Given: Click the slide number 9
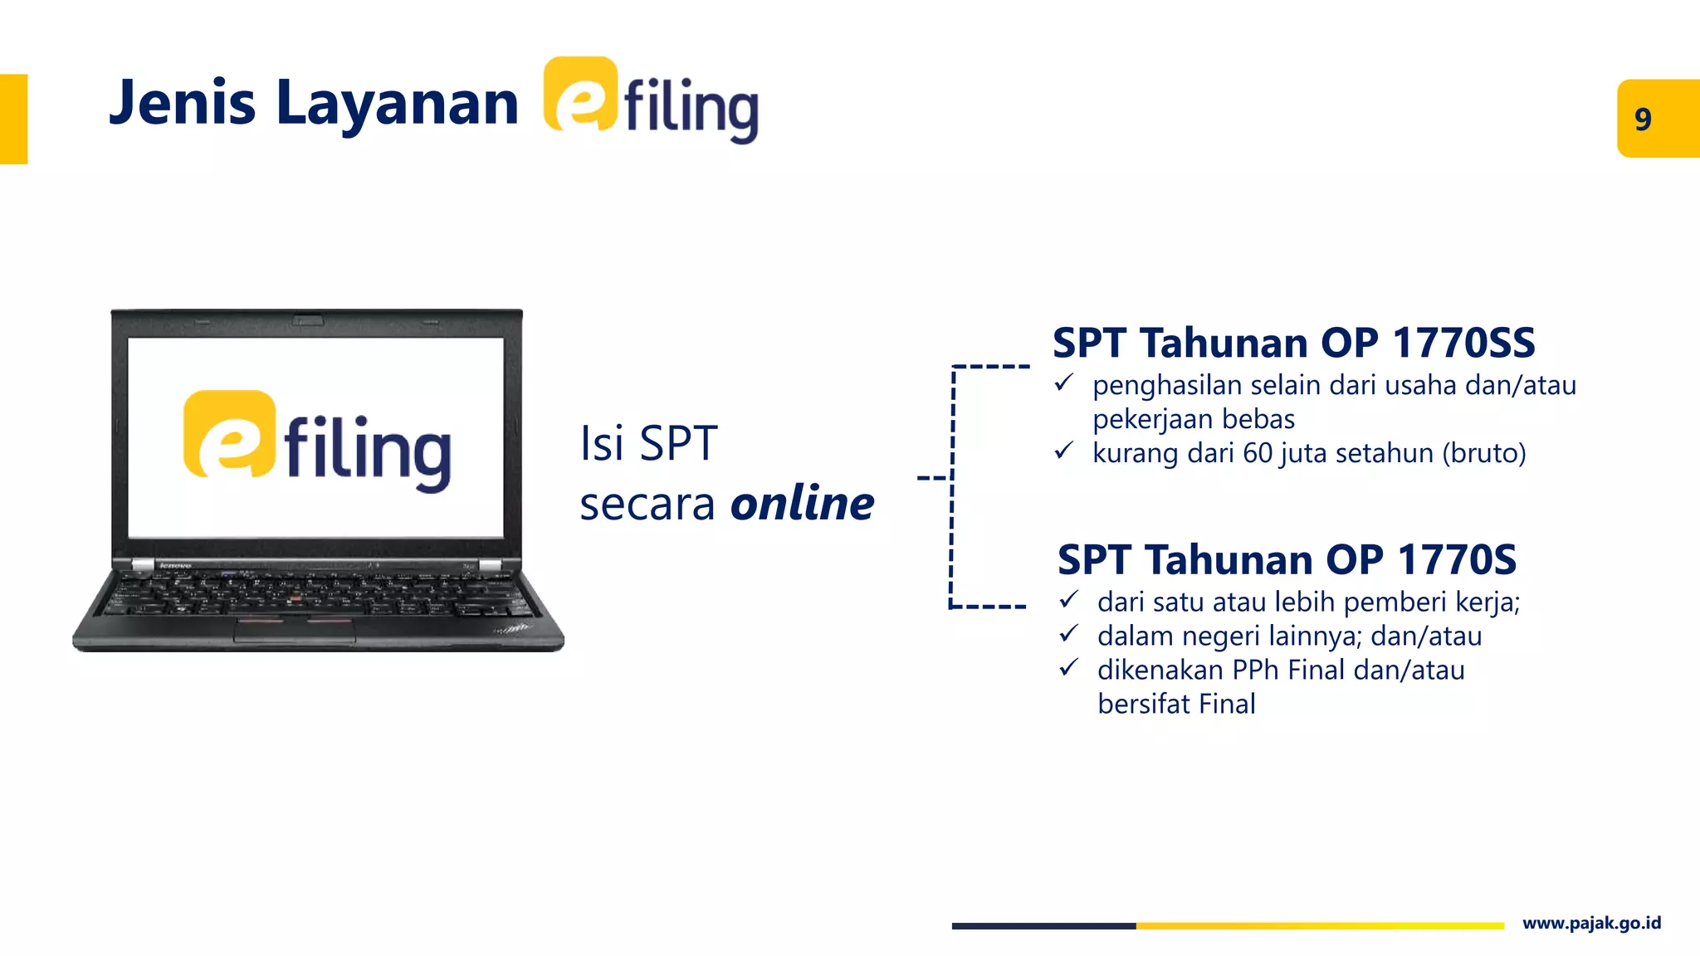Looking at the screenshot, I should (1643, 119).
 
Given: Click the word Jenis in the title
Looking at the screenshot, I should (182, 103).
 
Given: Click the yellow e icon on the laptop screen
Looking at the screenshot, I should (229, 434).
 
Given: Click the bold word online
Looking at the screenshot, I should (802, 503).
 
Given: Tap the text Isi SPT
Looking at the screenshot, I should (647, 443).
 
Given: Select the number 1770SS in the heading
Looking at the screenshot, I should (1463, 343).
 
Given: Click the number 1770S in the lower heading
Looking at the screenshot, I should (1457, 559).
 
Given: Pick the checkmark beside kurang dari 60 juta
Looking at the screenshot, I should (1063, 451).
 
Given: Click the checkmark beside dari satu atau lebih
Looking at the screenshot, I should (1068, 599).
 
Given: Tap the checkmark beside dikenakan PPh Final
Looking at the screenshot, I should (1068, 667).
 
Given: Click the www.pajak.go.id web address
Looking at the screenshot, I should (1591, 924).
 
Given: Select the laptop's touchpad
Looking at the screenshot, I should (295, 630).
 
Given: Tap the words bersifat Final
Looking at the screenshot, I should (1176, 704).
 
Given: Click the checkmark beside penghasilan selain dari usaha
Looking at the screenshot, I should (1063, 383).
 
